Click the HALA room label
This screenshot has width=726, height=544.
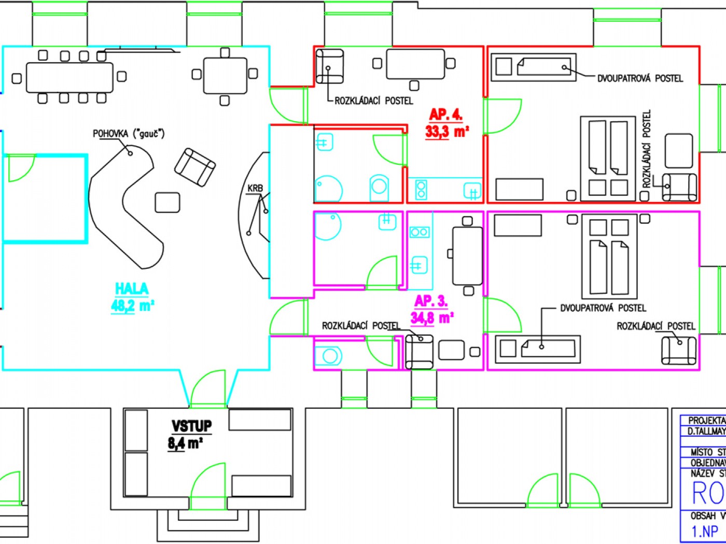tap(131, 289)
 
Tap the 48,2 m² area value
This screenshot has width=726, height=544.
tap(132, 306)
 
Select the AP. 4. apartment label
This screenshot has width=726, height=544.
tap(445, 114)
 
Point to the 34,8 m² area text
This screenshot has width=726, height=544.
tap(432, 317)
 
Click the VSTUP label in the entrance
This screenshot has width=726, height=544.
tap(191, 426)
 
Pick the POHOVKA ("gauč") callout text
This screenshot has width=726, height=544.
tap(128, 134)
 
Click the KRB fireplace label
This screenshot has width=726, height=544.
tap(255, 188)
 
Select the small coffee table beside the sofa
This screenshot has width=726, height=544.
tap(167, 202)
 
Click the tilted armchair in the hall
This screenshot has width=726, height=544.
tap(195, 167)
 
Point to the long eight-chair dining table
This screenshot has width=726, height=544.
tap(69, 77)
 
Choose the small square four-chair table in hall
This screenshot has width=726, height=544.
tap(225, 76)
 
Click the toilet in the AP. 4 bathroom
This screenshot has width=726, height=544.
tap(379, 187)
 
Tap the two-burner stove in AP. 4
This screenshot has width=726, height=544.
tap(421, 190)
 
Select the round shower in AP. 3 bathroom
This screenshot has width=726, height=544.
tap(328, 226)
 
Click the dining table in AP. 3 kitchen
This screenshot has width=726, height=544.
tap(467, 255)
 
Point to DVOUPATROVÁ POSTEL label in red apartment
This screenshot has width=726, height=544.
tap(640, 78)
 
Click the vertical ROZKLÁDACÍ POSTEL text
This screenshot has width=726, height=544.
tap(647, 149)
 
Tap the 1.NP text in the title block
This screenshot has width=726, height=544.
tap(705, 531)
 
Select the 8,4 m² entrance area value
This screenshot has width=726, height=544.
tap(185, 443)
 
